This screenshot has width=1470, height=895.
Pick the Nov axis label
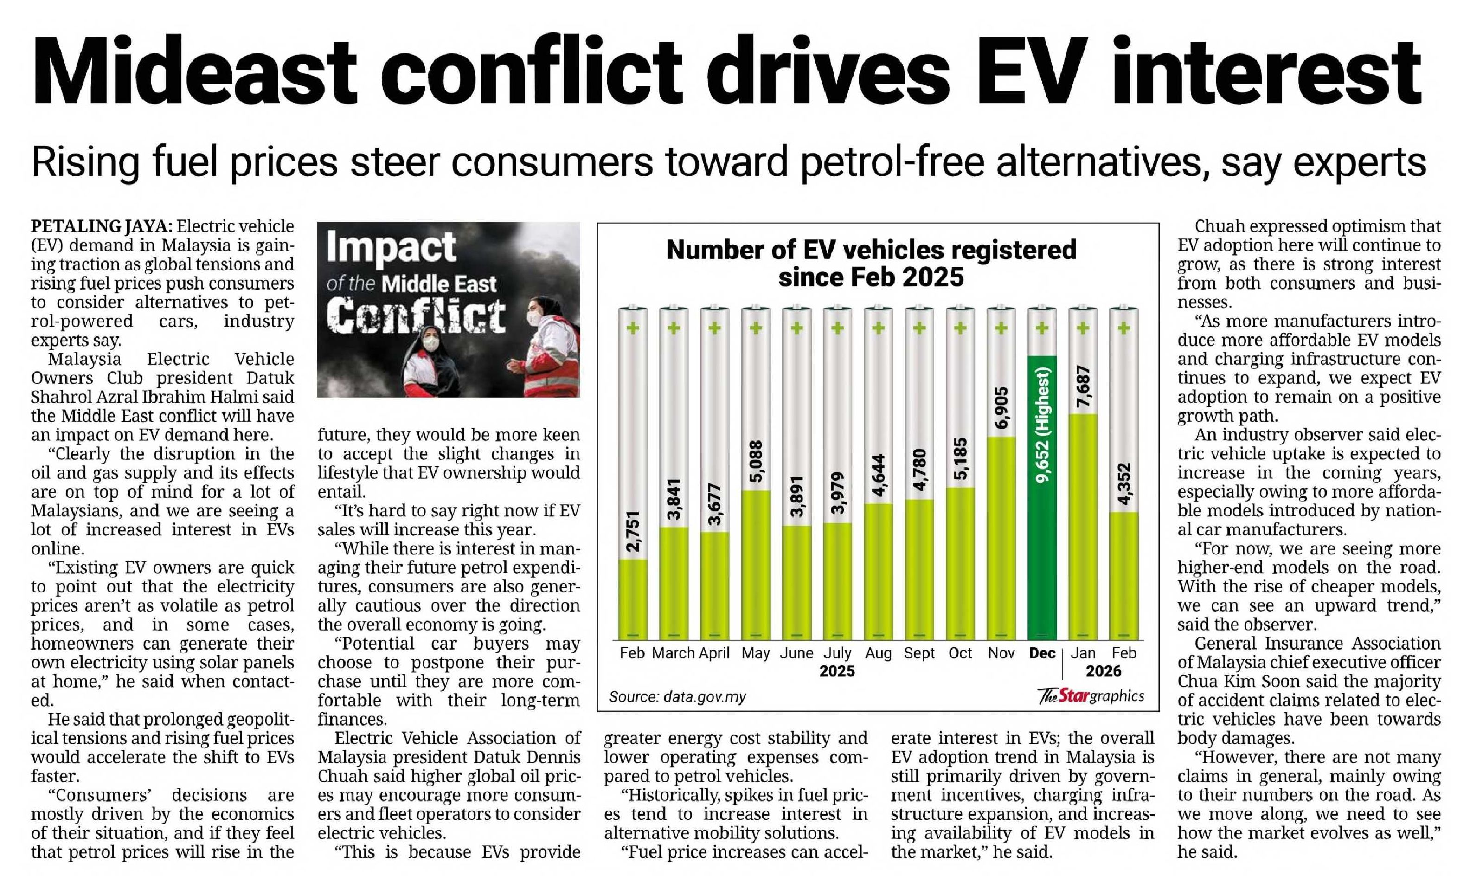pos(1001,653)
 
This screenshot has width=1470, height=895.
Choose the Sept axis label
pos(919,653)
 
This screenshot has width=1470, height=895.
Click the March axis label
pos(673,653)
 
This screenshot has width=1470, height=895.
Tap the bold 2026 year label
pos(1103,671)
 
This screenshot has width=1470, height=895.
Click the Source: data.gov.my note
pos(677,696)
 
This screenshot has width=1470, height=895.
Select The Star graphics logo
pos(1091,695)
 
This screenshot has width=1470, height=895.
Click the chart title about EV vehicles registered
pos(871,263)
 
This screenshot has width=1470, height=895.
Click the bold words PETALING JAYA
pos(102,226)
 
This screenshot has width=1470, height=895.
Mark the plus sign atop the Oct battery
pos(960,328)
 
